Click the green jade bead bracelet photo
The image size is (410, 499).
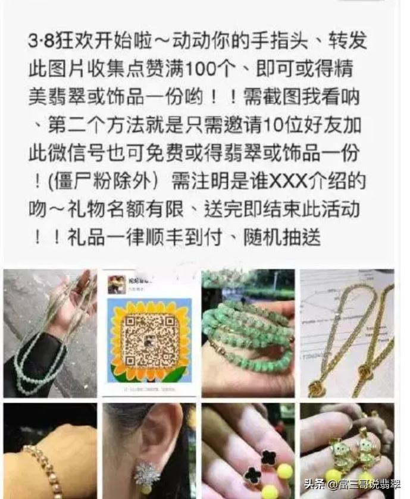pos(248,333)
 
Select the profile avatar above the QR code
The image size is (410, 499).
pos(116,284)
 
